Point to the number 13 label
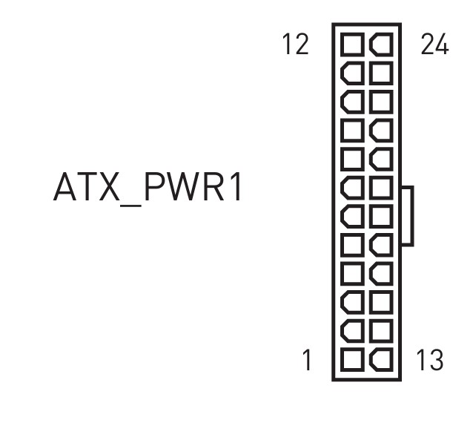[x=429, y=361]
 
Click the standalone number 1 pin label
[x=306, y=361]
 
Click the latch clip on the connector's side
[x=407, y=216]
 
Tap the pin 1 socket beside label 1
[x=353, y=361]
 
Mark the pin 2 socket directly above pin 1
[x=353, y=332]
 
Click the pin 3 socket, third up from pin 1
[x=353, y=304]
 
